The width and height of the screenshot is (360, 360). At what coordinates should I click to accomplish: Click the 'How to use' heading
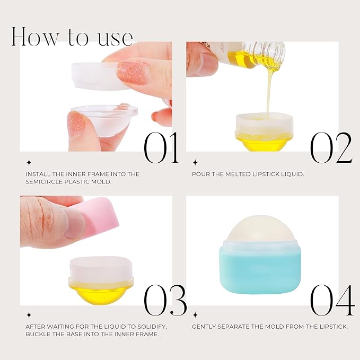point(72,36)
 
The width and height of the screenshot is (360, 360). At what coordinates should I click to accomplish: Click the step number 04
point(332,300)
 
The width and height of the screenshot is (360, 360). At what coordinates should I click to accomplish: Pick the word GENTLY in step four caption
point(206,327)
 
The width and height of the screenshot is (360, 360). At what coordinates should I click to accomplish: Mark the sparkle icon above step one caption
point(29,163)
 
